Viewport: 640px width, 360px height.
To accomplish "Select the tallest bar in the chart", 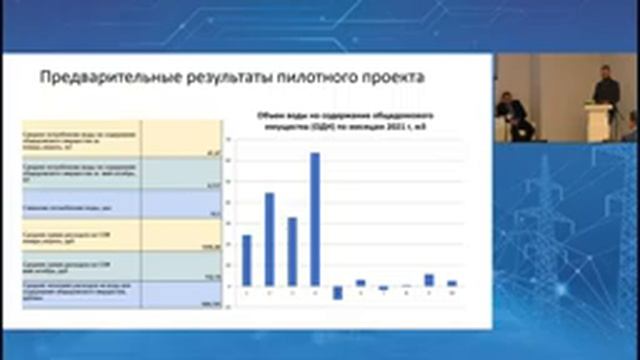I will (315, 219).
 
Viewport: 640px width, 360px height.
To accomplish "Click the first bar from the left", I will (246, 260).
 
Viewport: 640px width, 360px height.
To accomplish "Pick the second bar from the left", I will (269, 239).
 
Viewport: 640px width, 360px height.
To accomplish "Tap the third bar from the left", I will (292, 251).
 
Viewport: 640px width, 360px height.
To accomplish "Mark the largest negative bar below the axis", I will (338, 292).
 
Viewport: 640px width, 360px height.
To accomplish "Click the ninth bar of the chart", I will (429, 280).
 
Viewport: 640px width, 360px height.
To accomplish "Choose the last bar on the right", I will (452, 283).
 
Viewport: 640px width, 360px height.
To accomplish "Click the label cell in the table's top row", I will (82, 139).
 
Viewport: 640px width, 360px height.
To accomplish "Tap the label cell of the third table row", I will (82, 206).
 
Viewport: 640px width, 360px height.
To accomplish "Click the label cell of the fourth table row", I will (82, 237).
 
